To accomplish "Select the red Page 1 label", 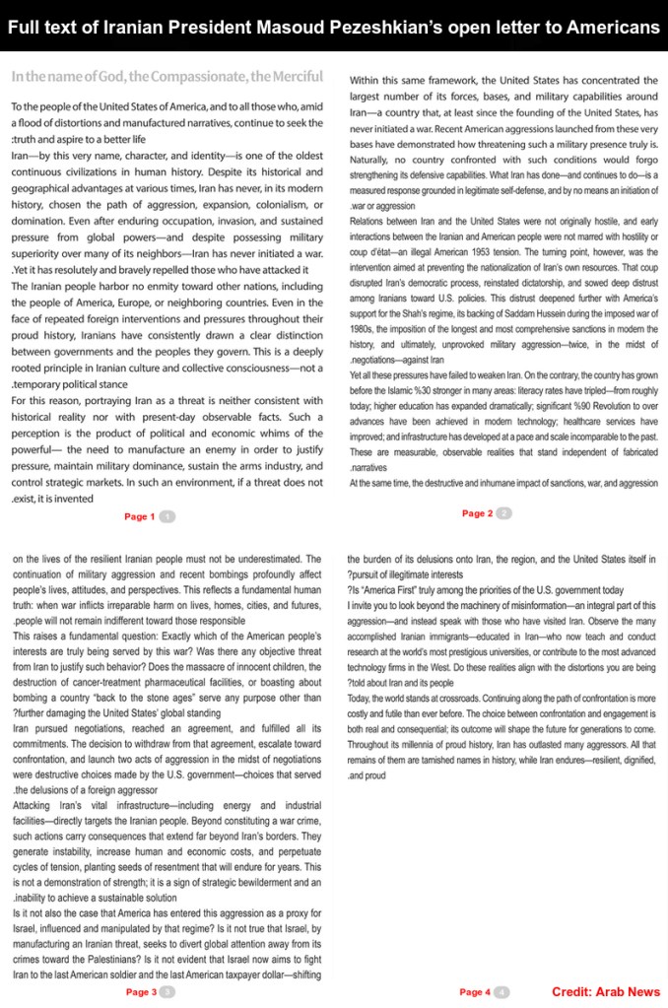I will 139,516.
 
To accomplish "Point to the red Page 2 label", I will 477,513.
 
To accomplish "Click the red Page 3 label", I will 141,992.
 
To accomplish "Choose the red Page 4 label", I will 474,992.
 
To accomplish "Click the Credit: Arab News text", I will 605,992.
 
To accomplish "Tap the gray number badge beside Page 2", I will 504,513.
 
